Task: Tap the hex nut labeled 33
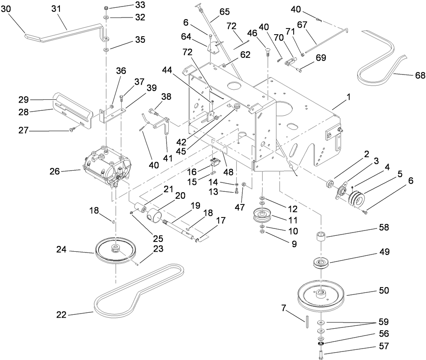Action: click(x=105, y=8)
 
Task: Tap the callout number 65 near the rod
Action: click(x=224, y=12)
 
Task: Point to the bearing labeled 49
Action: click(x=322, y=263)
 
